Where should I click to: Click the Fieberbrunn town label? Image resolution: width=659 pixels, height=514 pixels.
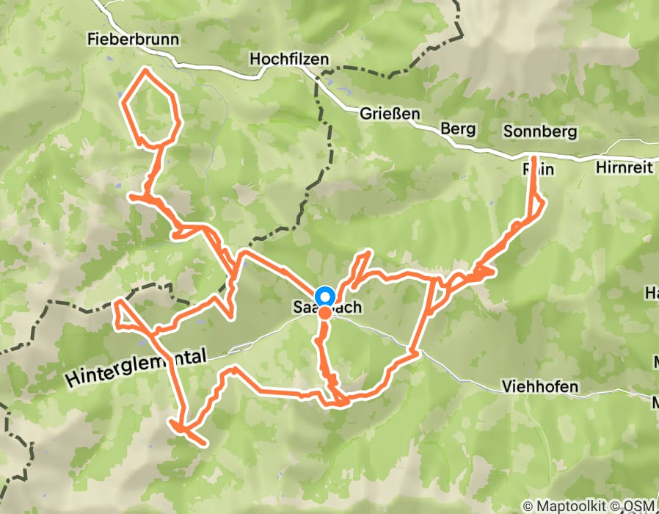point(133,38)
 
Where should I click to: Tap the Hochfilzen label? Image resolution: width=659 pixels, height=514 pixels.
point(289,59)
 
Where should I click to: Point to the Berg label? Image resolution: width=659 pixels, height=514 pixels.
point(458,129)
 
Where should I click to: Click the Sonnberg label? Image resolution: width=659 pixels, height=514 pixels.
point(540,132)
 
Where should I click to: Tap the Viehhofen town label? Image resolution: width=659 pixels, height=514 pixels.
point(540,386)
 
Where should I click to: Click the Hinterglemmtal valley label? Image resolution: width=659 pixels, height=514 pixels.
point(137,368)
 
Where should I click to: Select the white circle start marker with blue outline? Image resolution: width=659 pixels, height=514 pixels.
point(324,297)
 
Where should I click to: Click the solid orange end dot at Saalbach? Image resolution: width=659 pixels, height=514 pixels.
point(324,314)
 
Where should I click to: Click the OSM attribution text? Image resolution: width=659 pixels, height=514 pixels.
point(640,507)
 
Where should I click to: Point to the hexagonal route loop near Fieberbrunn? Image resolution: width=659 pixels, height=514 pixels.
point(150,106)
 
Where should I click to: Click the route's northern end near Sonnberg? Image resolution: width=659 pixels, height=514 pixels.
point(533,159)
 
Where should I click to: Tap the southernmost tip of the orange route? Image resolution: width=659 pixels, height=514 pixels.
point(203,443)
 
